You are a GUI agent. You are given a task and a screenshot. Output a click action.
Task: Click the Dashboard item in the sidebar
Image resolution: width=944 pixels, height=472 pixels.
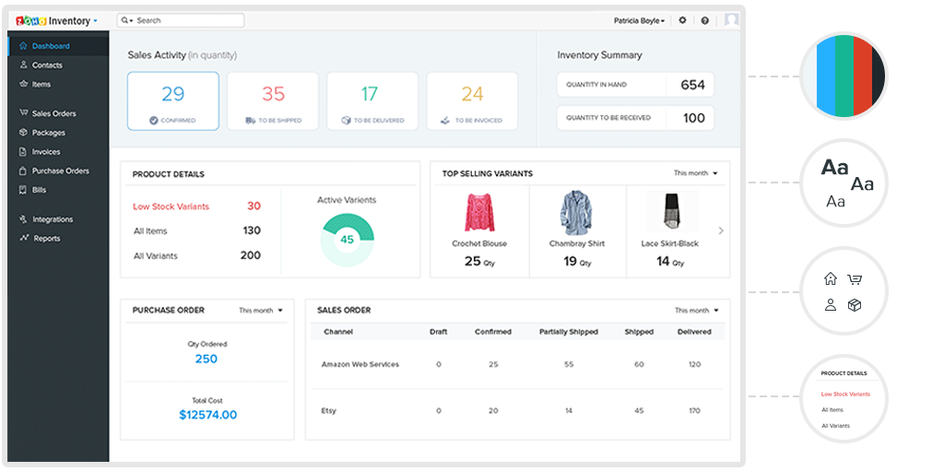(50, 46)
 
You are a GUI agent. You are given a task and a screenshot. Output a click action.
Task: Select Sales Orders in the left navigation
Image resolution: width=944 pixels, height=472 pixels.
(53, 113)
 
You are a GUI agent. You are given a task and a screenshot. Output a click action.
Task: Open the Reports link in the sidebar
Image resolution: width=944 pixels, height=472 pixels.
(46, 239)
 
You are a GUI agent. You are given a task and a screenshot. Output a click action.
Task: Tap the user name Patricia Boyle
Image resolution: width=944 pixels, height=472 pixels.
(638, 20)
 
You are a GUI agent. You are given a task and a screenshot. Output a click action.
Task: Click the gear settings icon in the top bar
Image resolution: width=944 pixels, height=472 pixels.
(682, 20)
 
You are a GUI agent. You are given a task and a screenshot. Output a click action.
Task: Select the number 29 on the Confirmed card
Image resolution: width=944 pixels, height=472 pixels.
(173, 93)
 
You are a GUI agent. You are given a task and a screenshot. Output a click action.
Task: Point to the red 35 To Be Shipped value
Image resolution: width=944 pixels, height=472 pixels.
(273, 93)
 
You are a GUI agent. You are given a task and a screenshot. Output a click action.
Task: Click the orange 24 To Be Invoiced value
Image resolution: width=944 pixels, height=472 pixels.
(472, 93)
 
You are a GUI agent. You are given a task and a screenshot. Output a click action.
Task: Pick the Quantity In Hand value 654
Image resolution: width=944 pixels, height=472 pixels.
(692, 85)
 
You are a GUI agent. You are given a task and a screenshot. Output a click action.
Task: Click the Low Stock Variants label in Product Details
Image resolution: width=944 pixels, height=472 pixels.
(171, 206)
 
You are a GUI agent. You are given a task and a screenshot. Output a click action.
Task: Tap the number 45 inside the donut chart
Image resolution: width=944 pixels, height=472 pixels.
(347, 240)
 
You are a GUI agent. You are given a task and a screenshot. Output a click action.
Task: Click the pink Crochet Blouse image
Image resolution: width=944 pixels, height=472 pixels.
(479, 213)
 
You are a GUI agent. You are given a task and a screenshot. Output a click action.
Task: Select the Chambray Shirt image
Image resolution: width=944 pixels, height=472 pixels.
(577, 213)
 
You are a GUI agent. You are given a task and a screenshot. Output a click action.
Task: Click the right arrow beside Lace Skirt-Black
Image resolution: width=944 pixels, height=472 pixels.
(721, 230)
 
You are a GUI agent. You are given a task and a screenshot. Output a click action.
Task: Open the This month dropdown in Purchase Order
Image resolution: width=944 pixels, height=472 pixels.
(261, 311)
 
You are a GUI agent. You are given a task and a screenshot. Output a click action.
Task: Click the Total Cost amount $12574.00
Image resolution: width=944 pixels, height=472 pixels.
(207, 415)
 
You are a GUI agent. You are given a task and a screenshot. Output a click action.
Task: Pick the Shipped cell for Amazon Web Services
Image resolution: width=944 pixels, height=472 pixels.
(639, 364)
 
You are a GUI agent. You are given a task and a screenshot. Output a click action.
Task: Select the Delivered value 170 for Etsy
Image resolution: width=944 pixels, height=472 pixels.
(693, 410)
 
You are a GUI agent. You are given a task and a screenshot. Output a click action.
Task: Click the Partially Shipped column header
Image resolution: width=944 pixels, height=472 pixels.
(568, 332)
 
